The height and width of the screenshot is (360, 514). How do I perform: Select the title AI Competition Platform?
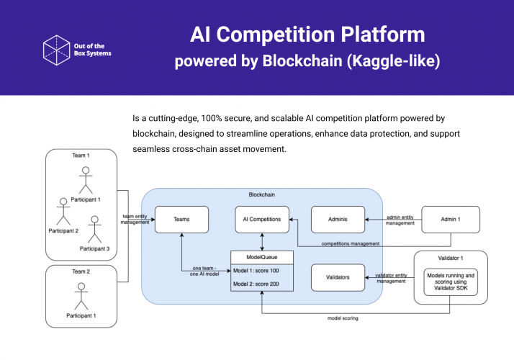pyautogui.click(x=307, y=34)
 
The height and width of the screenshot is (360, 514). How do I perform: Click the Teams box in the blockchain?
pyautogui.click(x=181, y=220)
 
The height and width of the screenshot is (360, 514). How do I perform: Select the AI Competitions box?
pyautogui.click(x=262, y=220)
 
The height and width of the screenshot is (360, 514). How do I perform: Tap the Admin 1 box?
pyautogui.click(x=450, y=220)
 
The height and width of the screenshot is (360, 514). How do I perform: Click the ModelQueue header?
pyautogui.click(x=262, y=257)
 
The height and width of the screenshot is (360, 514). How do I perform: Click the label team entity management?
pyautogui.click(x=135, y=220)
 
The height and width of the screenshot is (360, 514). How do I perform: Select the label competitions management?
pyautogui.click(x=350, y=244)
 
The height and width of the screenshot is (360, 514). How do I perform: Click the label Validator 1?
pyautogui.click(x=450, y=258)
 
